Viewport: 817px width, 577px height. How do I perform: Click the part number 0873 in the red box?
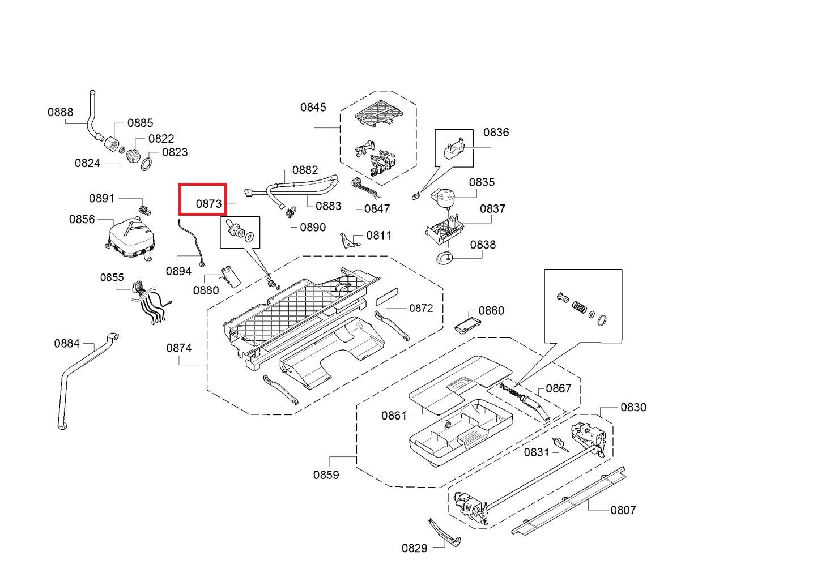tap(208, 204)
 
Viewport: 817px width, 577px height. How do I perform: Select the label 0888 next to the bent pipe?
tap(60, 112)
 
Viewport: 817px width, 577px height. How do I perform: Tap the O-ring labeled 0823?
tap(146, 164)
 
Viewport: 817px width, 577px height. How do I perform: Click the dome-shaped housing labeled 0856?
tap(130, 238)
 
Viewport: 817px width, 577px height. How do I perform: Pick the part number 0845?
tap(313, 107)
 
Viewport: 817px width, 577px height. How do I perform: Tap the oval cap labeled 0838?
tap(444, 257)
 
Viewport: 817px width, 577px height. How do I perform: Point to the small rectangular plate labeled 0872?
tap(386, 297)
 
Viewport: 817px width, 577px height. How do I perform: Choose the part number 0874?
tap(178, 348)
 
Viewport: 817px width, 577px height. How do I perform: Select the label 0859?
tap(326, 475)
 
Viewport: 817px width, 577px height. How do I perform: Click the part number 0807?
tap(623, 510)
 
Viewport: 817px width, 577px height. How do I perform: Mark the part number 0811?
tap(379, 236)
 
